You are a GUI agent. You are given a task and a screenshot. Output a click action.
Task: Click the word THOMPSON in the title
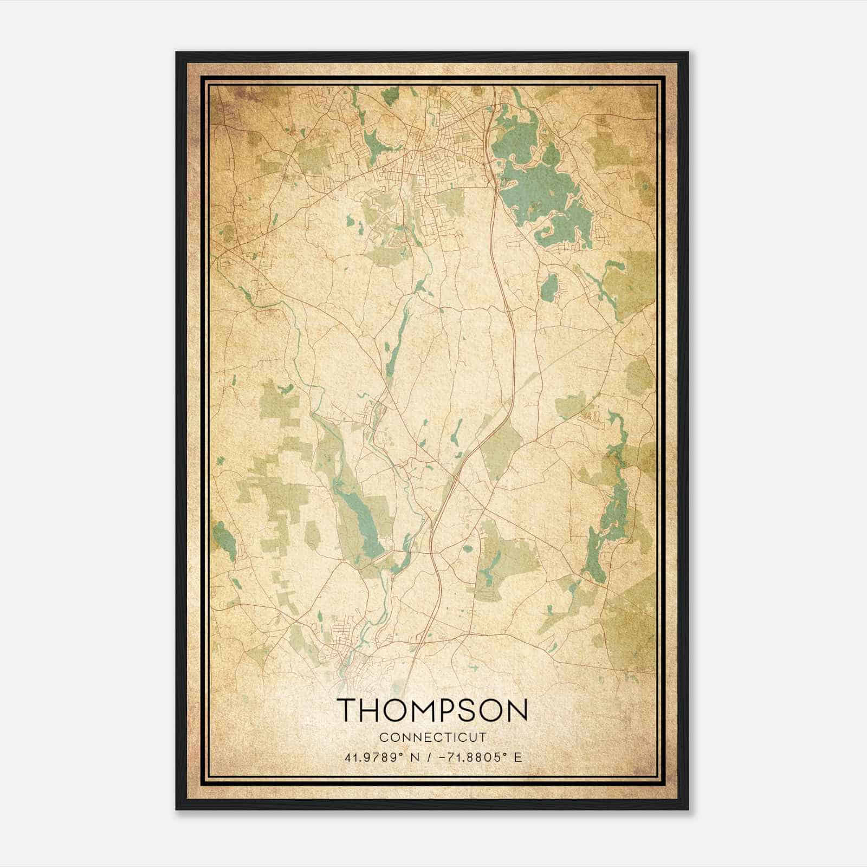click(432, 710)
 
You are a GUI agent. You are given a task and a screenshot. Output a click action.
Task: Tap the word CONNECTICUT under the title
click(432, 737)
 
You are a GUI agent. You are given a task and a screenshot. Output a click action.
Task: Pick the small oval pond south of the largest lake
click(549, 287)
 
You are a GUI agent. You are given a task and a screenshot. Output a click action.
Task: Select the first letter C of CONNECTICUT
click(383, 737)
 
